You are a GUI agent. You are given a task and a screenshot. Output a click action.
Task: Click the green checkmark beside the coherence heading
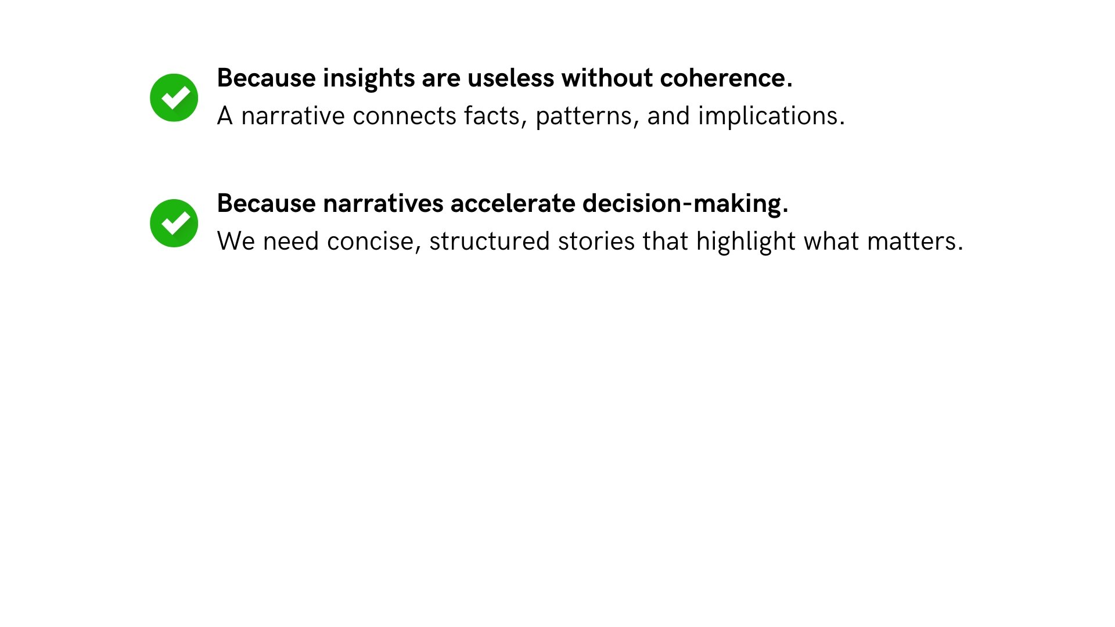point(174,98)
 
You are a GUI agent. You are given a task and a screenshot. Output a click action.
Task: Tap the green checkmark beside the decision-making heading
point(174,223)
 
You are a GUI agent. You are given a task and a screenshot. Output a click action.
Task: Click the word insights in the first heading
point(368,78)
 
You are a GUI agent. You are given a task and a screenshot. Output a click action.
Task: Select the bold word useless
point(510,78)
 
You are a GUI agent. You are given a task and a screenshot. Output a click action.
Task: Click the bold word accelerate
point(512,204)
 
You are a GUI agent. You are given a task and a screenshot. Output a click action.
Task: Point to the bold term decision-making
point(685,204)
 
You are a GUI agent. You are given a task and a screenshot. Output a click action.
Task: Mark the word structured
point(489,242)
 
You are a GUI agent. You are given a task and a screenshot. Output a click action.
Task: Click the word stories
point(596,242)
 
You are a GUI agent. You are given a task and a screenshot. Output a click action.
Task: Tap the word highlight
point(746,242)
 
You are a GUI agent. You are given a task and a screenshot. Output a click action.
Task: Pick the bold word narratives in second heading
point(382,204)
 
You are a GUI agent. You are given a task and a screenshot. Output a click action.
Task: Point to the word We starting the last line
point(235,242)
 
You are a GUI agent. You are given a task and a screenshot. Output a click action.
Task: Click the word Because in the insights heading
point(266,78)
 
